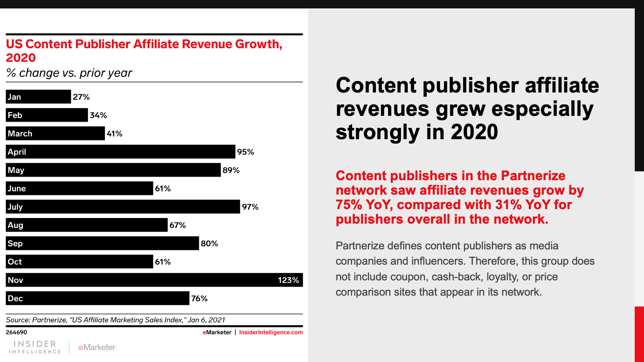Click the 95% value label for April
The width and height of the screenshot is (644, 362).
246,152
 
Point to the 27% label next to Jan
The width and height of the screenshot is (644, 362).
81,97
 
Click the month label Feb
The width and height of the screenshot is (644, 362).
15,115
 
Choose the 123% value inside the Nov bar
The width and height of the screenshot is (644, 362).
288,280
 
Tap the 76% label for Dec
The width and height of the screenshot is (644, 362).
199,298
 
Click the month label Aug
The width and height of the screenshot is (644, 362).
15,225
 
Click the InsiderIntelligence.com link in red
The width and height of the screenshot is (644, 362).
271,332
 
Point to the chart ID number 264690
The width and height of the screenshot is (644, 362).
17,332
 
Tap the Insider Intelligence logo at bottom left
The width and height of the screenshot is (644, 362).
35,347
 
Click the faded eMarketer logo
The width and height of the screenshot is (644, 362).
97,347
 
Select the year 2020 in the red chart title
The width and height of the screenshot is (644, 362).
21,58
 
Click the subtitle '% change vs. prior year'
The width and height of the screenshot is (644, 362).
69,73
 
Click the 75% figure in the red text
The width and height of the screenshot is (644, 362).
349,205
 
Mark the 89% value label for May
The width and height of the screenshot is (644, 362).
231,170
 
